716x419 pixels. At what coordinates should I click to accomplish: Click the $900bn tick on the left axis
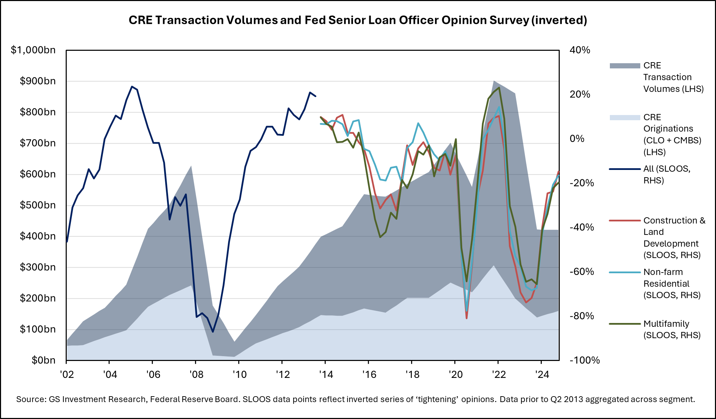38,81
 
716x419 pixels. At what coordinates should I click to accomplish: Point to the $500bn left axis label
38,205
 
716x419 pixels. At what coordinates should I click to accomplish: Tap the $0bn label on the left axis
43,360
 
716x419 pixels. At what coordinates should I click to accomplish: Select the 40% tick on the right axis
580,50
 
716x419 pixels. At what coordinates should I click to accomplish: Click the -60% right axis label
582,272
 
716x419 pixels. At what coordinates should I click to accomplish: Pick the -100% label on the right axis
585,360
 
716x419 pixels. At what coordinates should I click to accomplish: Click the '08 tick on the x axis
196,374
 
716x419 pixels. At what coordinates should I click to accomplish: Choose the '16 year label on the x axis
369,374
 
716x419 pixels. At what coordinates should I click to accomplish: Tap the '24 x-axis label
542,374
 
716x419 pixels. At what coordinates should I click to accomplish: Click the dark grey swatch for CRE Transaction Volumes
625,66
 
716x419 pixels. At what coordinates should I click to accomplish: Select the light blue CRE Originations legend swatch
625,117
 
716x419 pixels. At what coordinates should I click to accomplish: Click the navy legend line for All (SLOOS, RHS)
625,169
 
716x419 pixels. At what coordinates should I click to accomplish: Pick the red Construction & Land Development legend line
625,220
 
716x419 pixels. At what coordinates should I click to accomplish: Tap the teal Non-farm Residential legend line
625,272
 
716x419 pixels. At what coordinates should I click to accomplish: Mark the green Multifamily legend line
625,324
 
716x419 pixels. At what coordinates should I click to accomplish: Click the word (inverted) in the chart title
559,20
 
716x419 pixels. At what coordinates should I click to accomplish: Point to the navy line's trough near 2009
213,332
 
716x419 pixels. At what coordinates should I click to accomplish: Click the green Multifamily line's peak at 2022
499,88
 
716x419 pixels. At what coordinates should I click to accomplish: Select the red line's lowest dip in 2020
466,318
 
